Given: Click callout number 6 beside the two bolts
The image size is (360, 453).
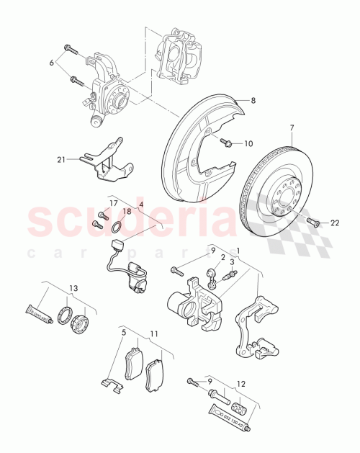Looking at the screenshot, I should click(x=51, y=63).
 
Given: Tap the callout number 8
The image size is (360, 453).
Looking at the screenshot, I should click(x=253, y=102).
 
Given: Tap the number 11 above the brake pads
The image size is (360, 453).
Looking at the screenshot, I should click(x=153, y=335).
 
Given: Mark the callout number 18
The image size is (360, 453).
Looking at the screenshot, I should click(x=126, y=211).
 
